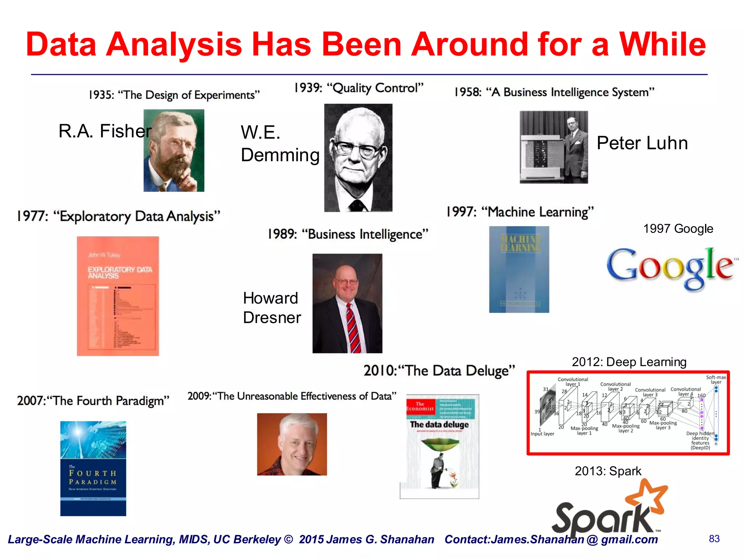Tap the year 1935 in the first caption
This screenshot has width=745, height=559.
[x=101, y=95]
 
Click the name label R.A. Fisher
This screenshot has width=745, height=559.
[x=105, y=131]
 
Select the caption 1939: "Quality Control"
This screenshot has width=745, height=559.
[x=359, y=88]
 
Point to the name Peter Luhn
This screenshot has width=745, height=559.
[x=642, y=143]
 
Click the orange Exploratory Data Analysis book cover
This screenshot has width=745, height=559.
[x=118, y=296]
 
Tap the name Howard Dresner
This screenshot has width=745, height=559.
[x=271, y=308]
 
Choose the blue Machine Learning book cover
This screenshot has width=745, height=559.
[x=519, y=269]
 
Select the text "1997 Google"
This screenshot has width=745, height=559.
[x=678, y=229]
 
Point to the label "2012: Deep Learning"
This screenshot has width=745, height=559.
[x=629, y=362]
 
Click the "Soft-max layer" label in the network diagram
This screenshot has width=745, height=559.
[x=716, y=380]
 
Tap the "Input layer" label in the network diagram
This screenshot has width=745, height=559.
[x=542, y=434]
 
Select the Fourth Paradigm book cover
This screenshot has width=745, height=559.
[x=93, y=468]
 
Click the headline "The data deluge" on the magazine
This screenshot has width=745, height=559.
[x=439, y=425]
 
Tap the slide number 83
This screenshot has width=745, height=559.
[x=714, y=539]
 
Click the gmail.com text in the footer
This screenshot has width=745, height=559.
[x=629, y=539]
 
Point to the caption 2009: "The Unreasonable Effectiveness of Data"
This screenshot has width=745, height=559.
[x=292, y=396]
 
